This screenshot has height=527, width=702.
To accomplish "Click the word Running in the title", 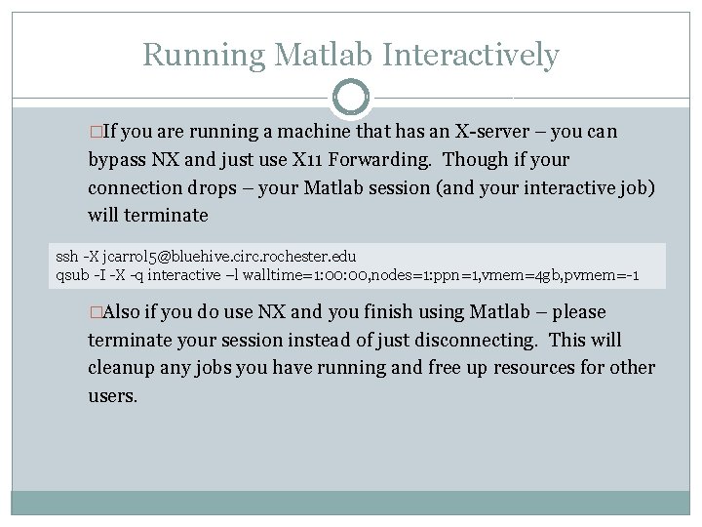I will tap(204, 55).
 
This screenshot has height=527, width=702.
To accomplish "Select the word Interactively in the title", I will tap(471, 55).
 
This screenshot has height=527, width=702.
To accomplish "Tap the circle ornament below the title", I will tap(351, 97).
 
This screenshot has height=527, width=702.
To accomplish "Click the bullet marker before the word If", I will tap(95, 132).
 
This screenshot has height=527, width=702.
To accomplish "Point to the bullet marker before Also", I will tap(95, 312).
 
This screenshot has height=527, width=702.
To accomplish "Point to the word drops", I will tap(225, 186).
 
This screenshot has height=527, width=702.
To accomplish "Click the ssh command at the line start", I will tap(67, 257).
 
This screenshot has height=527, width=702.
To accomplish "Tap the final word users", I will tap(112, 396).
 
